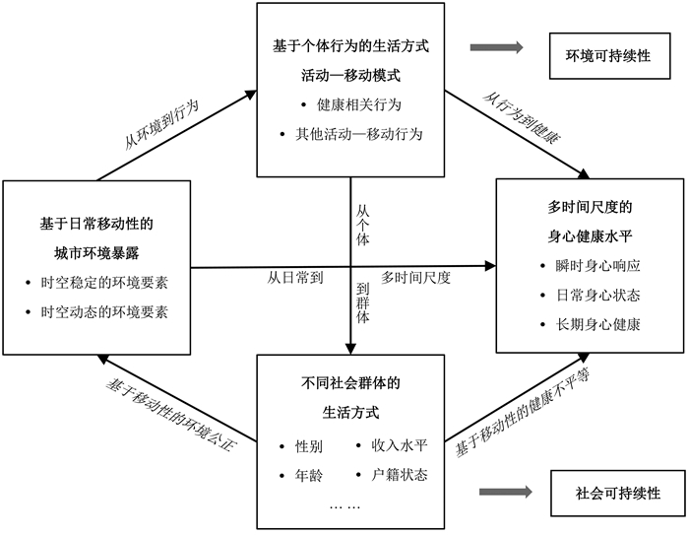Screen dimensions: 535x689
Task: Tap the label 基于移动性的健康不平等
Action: tap(522, 417)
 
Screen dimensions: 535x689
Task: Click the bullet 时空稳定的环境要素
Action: tap(103, 283)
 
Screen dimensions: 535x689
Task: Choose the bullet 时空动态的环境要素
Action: tap(103, 311)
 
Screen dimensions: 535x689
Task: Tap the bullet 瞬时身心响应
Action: tap(591, 267)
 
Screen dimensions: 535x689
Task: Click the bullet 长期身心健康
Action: tap(591, 324)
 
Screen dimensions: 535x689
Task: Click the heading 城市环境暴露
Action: tap(96, 253)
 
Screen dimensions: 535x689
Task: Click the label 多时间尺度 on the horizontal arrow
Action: tap(415, 278)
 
